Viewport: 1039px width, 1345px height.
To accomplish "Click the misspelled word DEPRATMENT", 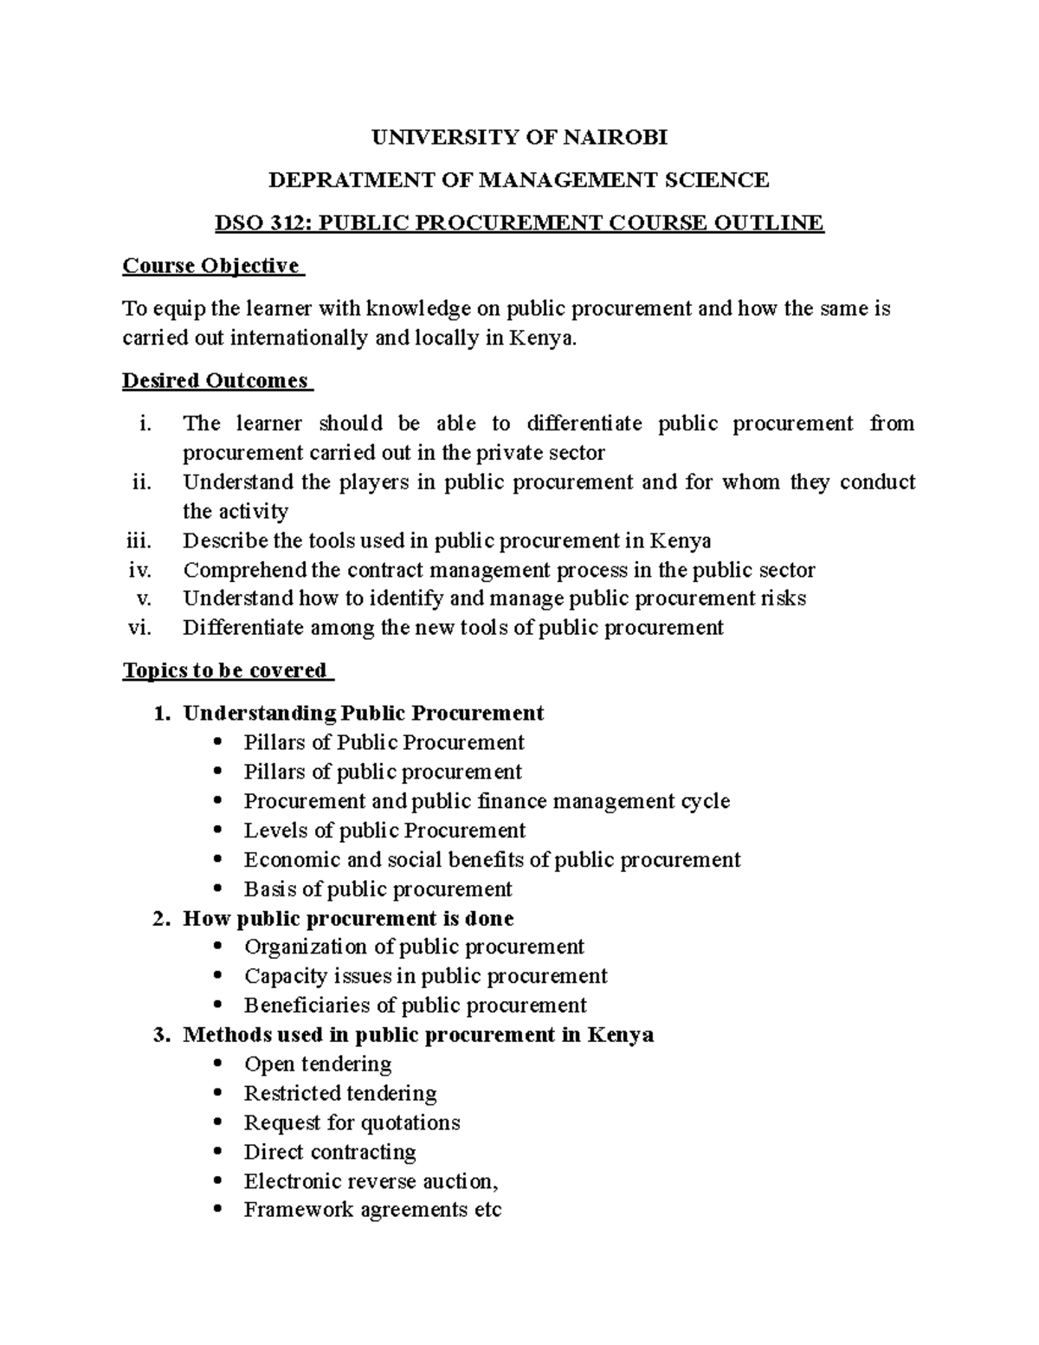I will coord(343,180).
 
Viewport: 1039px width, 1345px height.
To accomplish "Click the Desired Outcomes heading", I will coord(216,381).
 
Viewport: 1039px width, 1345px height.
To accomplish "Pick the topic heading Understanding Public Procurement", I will coord(363,713).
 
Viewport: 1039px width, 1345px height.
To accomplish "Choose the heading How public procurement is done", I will coord(348,918).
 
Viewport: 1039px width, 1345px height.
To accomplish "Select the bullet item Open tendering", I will coord(318,1064).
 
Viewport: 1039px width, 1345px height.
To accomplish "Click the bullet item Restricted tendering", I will coord(340,1093).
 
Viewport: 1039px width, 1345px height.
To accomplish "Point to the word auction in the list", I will coord(459,1181).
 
